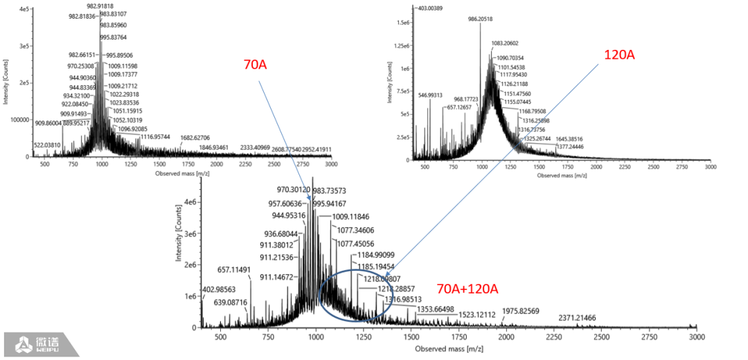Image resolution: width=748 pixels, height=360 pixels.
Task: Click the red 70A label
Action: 256,65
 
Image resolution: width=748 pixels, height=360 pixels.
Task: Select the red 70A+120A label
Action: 467,288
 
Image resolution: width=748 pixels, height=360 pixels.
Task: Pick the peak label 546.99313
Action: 431,95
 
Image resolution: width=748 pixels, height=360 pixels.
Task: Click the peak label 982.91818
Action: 105,5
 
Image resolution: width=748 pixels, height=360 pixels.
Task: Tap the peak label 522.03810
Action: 48,145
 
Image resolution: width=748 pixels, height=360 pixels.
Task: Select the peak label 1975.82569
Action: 526,312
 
